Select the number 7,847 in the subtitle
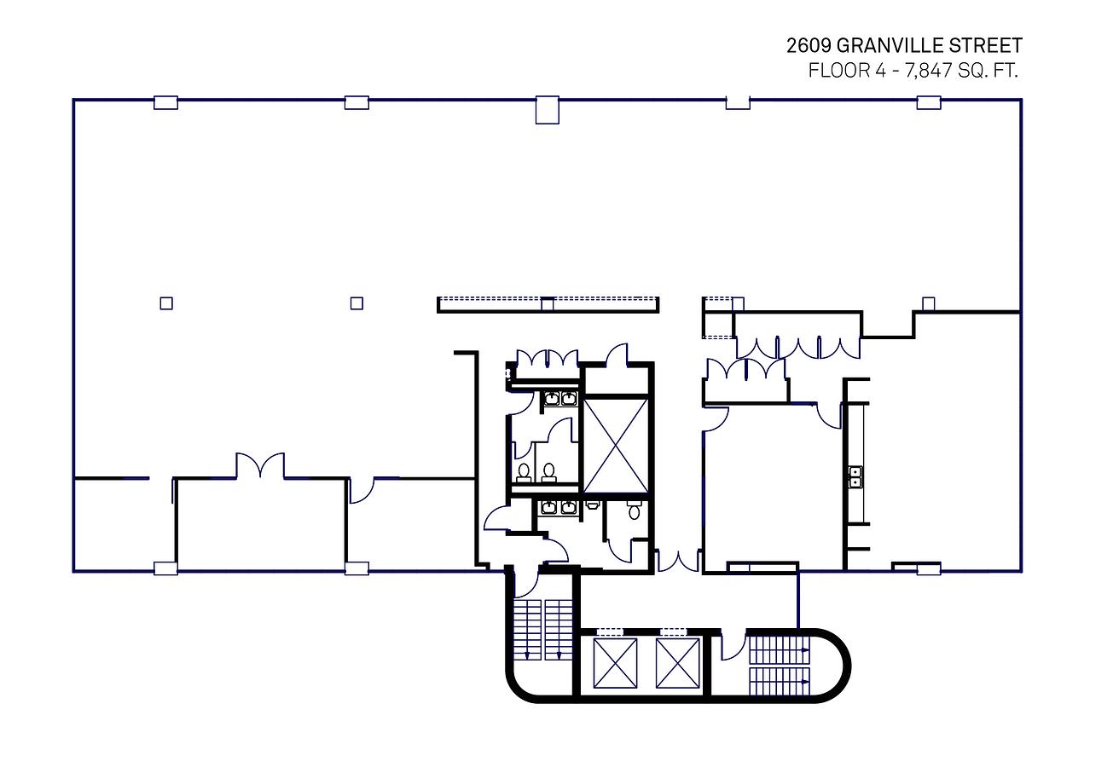(928, 71)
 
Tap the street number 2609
(809, 46)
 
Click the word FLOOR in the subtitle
(840, 71)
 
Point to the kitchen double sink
(855, 476)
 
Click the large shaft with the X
(616, 446)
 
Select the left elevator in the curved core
(615, 663)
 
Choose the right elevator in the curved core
(677, 663)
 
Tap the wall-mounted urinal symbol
(592, 505)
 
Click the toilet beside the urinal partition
(634, 510)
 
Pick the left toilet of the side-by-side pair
(523, 473)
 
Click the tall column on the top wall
(547, 110)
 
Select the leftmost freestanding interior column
(166, 303)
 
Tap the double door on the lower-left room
(260, 464)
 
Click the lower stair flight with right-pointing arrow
(780, 681)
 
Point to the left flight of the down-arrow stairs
(527, 630)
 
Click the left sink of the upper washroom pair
(552, 398)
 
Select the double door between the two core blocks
(678, 560)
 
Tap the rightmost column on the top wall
(929, 102)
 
